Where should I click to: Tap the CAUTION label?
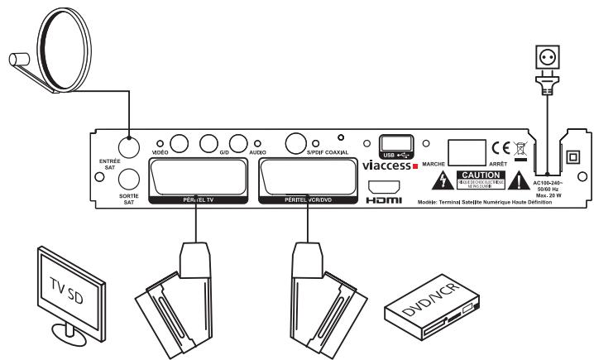(480, 180)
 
